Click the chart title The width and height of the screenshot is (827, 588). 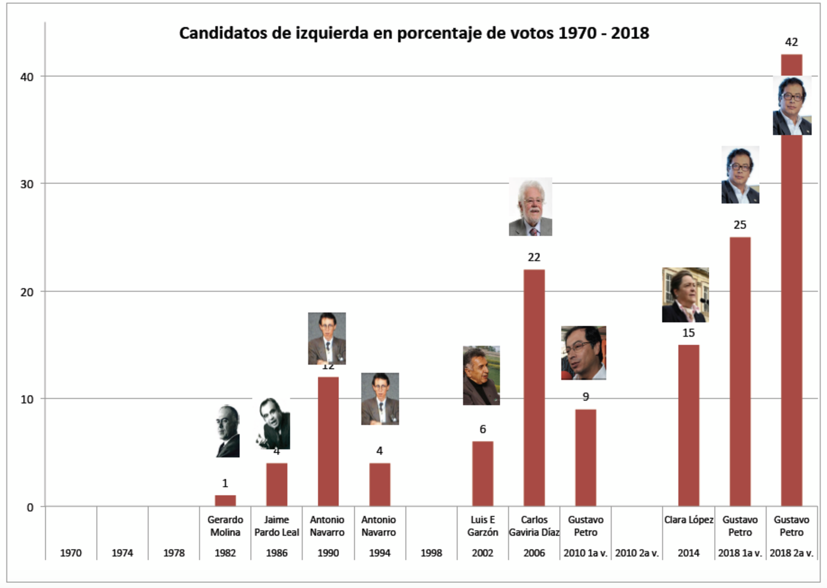[x=414, y=33]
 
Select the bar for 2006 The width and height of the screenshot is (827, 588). [x=534, y=387]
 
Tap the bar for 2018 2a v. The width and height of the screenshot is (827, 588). [x=791, y=319]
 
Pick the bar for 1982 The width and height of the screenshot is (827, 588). [x=225, y=500]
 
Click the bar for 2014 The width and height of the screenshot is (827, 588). [x=688, y=425]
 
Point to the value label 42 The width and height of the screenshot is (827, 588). [x=791, y=42]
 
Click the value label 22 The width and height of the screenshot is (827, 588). [x=534, y=257]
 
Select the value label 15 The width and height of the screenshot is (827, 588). [x=688, y=333]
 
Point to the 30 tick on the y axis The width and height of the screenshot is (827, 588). [x=27, y=184]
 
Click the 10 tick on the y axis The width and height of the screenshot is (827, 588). [x=27, y=399]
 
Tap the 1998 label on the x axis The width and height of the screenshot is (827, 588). [x=431, y=553]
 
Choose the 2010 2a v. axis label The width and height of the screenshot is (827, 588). [x=637, y=553]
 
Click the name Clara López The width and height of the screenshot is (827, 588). [x=688, y=520]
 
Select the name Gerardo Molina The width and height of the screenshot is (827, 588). [x=225, y=526]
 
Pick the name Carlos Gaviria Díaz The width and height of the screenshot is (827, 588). [x=534, y=526]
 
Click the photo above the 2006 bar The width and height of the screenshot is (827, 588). [x=530, y=207]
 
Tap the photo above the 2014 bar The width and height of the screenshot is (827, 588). [x=685, y=295]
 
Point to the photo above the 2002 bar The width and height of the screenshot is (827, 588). [x=481, y=375]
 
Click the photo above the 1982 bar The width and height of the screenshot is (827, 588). [x=228, y=431]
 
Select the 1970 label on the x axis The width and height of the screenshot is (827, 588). [x=71, y=553]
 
